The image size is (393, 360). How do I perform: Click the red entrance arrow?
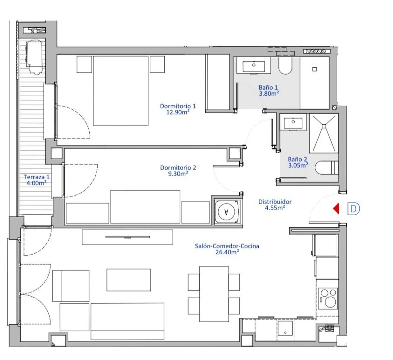336,209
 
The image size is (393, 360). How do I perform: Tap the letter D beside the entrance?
353,209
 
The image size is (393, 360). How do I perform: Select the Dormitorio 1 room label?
178,109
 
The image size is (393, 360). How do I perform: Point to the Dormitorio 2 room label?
178,171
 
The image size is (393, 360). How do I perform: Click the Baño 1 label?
269,90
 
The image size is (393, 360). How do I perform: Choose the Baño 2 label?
298,162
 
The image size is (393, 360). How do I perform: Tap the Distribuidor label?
275,205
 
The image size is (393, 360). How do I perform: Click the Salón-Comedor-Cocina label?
227,249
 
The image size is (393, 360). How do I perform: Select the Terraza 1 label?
37,180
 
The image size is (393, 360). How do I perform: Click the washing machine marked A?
227,212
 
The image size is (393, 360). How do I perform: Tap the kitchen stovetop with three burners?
328,298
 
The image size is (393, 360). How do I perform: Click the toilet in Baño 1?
285,66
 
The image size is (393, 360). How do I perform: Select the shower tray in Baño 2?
324,133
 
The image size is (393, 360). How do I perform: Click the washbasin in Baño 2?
293,122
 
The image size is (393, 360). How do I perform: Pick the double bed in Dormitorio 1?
121,91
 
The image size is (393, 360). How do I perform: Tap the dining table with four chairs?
214,294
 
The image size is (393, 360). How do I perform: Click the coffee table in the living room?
129,280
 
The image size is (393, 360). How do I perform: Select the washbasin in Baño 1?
254,65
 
